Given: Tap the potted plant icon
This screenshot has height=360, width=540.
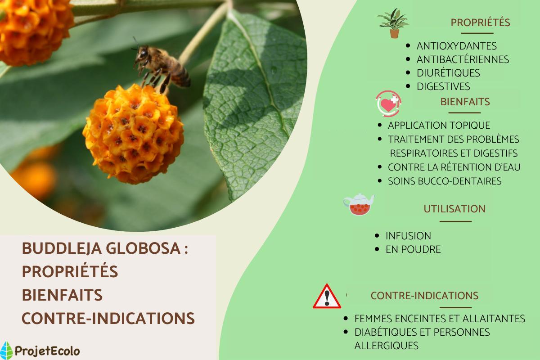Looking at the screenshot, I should click(x=393, y=23).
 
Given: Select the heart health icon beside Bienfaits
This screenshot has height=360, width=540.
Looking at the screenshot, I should click(x=388, y=103).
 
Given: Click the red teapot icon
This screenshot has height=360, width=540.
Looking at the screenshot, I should click(x=358, y=205).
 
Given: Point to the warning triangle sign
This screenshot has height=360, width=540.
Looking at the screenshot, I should click(x=327, y=297).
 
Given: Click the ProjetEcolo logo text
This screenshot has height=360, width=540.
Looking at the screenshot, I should click(x=47, y=351).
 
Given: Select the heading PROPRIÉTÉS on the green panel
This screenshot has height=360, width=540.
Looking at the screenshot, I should click(x=480, y=22).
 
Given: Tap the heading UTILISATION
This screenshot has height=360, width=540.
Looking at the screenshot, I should click(x=454, y=209).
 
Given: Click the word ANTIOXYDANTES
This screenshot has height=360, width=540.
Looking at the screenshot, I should click(x=456, y=46).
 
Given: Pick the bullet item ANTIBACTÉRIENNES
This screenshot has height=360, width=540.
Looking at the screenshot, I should click(x=463, y=59).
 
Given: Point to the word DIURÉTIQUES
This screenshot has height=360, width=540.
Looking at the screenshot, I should click(x=448, y=73).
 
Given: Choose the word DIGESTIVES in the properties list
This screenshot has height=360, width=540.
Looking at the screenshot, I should click(x=443, y=86).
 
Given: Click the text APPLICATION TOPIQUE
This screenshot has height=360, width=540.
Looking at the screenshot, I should click(x=439, y=126).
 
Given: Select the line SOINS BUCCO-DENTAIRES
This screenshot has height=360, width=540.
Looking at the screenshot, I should click(x=445, y=181).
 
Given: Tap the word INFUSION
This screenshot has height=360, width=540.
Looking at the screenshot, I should click(x=408, y=236).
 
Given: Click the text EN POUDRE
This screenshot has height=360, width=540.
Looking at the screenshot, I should click(x=413, y=249).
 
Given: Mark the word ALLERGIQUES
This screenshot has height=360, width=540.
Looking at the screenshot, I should click(x=386, y=346).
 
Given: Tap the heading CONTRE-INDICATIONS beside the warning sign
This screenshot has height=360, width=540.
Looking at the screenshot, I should click(x=424, y=296).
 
